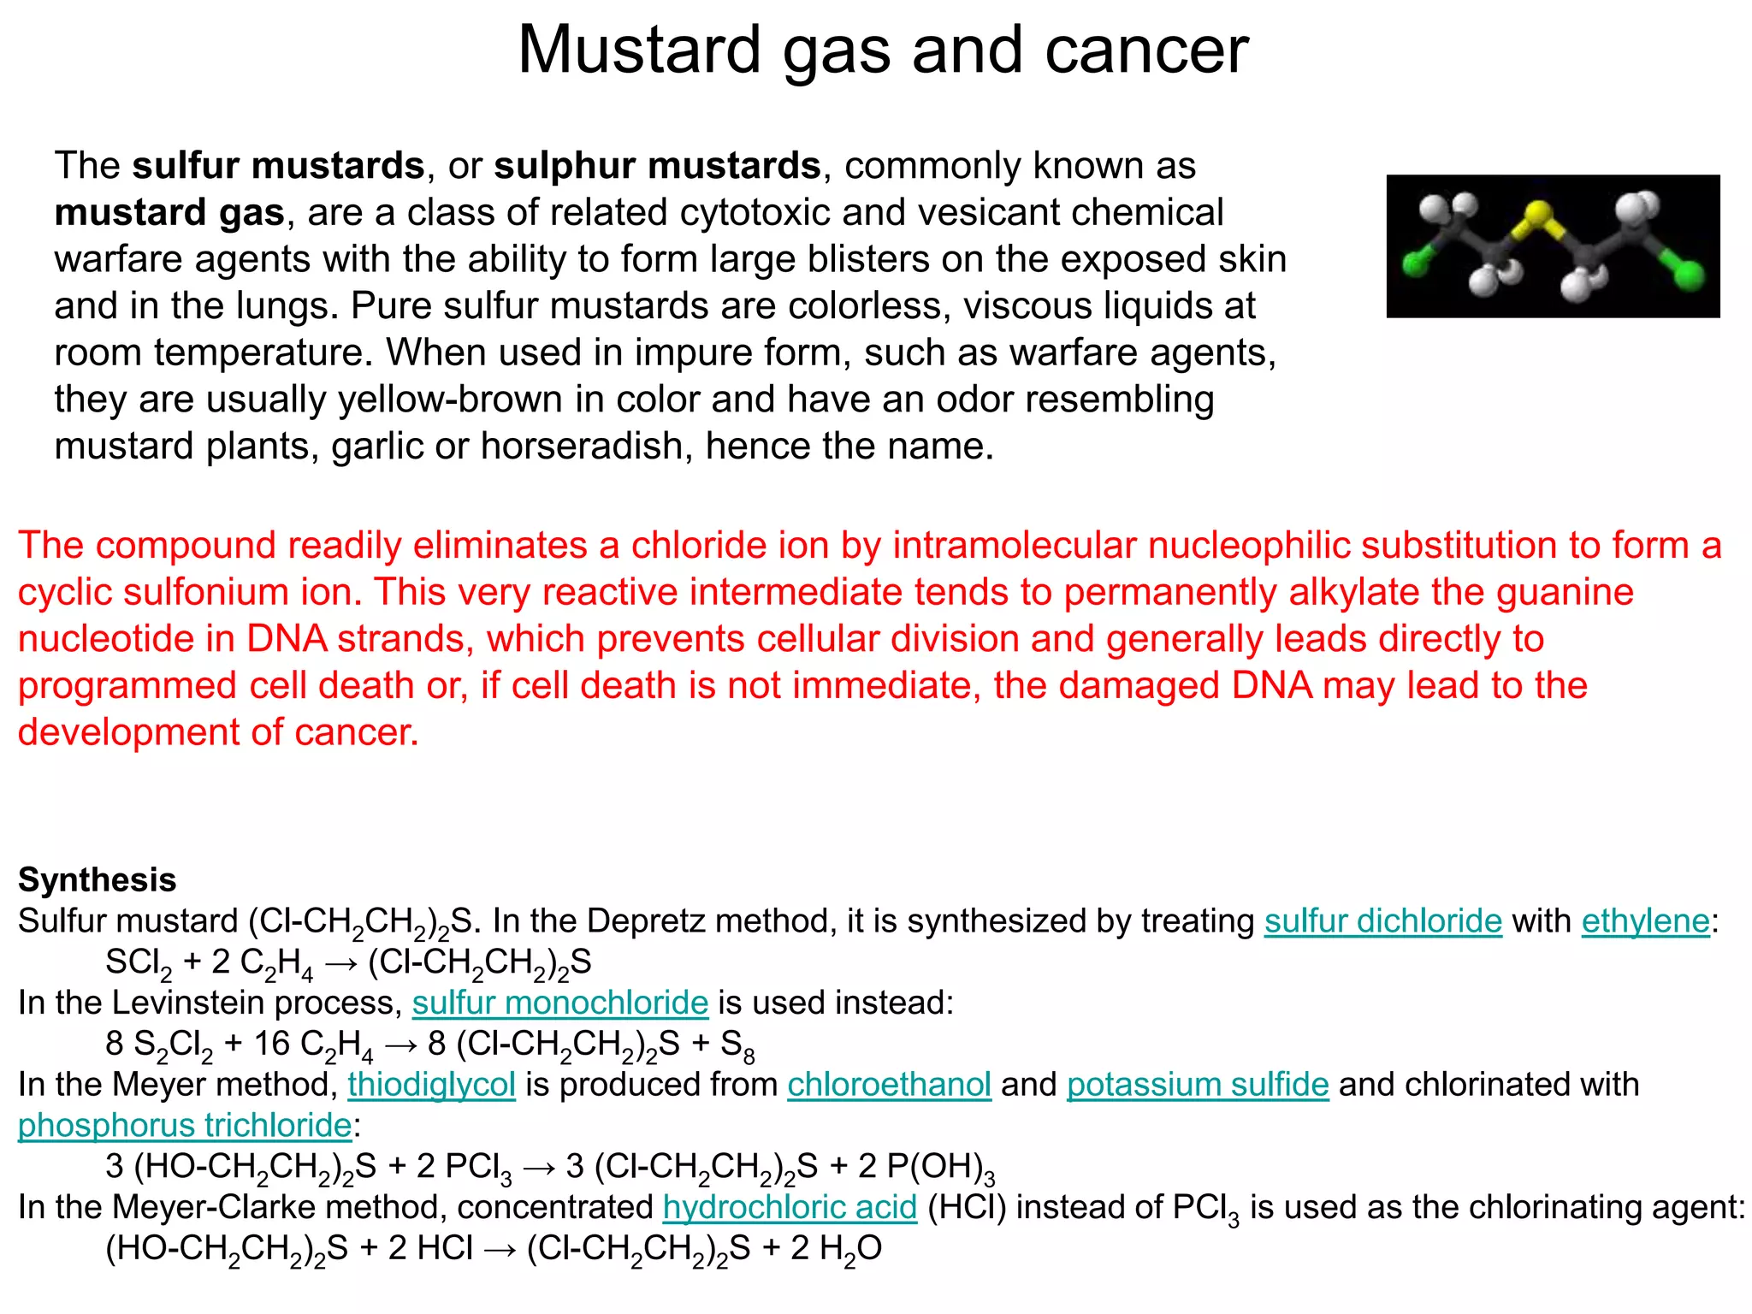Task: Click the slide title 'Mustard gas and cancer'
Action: point(883,50)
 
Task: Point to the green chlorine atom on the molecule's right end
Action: point(1689,275)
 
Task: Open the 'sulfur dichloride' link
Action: point(1382,921)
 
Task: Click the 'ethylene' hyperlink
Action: point(1645,921)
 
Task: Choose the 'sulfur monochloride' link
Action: point(560,1003)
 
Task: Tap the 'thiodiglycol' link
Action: point(431,1085)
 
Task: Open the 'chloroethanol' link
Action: point(889,1085)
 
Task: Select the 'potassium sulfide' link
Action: point(1198,1085)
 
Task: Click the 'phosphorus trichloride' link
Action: point(185,1126)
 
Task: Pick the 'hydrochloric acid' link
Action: point(790,1207)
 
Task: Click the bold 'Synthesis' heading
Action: point(98,879)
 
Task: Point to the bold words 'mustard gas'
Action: point(169,212)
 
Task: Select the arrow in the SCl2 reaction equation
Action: point(341,963)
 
